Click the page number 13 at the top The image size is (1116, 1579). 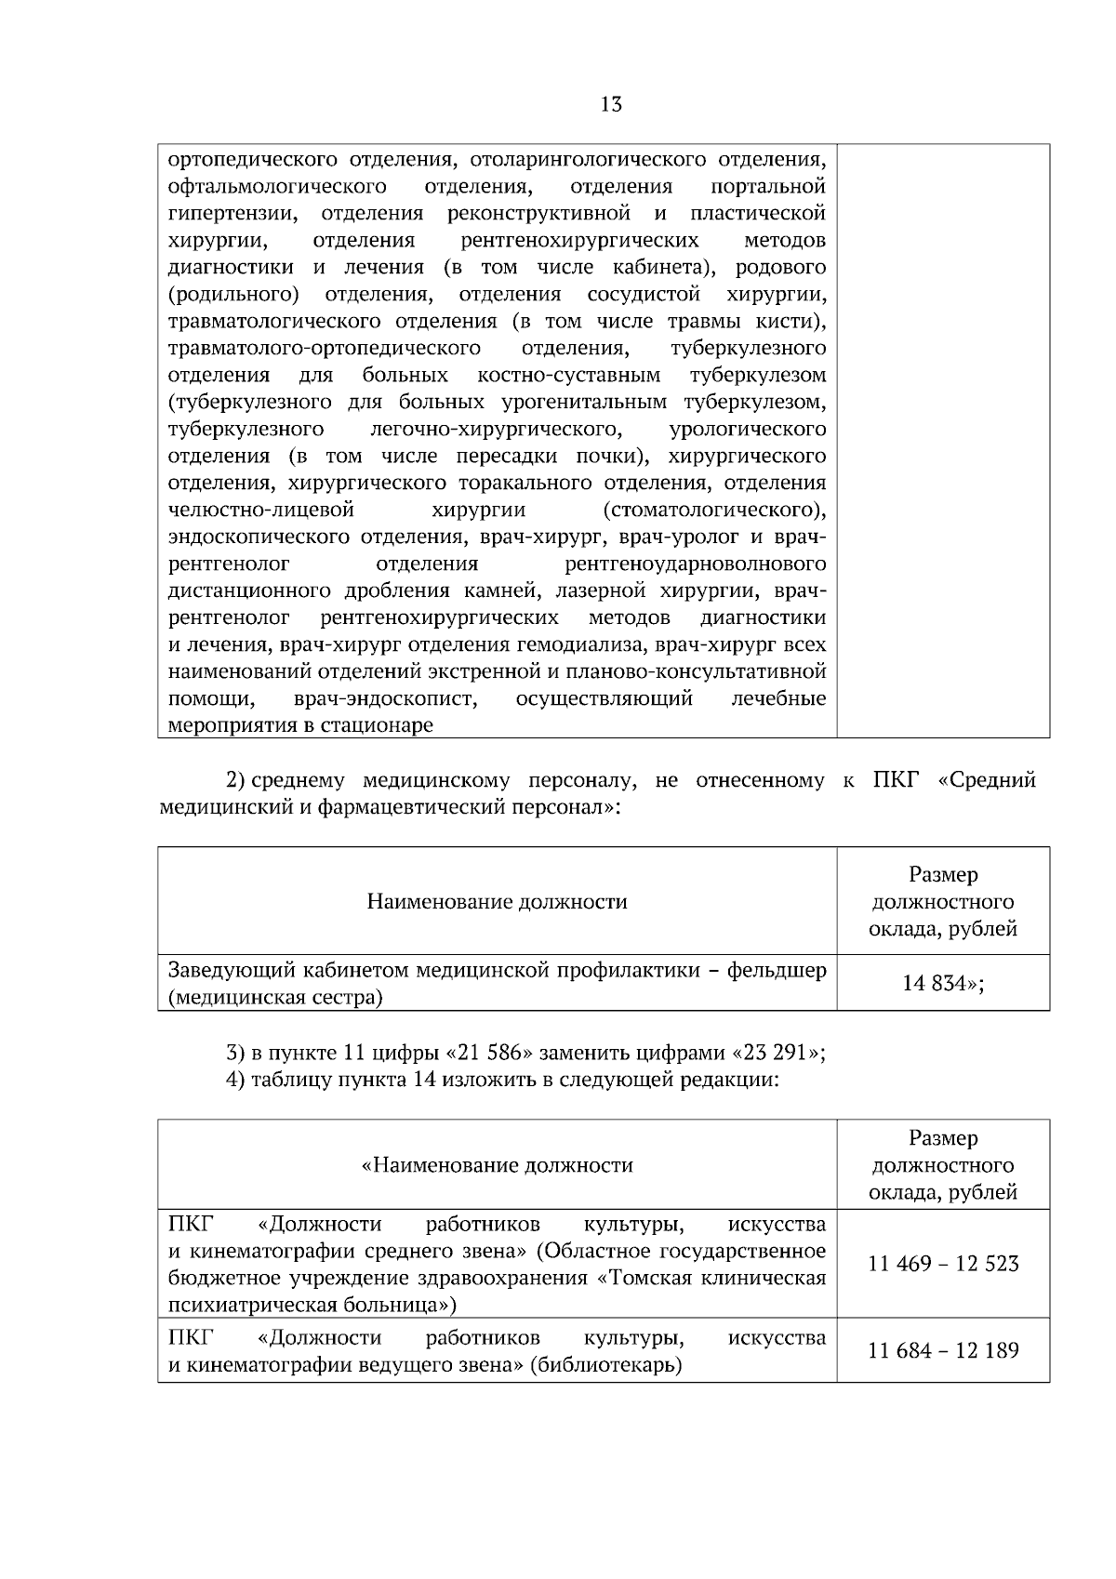(x=611, y=104)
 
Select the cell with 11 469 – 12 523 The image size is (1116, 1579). (x=943, y=1264)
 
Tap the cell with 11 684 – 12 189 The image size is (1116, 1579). (x=943, y=1350)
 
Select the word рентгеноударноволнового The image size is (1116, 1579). (x=696, y=564)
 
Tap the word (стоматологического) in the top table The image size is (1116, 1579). (x=714, y=511)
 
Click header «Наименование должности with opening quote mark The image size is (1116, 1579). (x=497, y=1165)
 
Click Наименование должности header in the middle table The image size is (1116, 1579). (x=497, y=901)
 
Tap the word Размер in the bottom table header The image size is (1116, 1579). (x=943, y=1138)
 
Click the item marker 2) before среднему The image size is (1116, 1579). (x=236, y=780)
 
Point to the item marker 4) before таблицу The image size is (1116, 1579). (x=236, y=1081)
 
